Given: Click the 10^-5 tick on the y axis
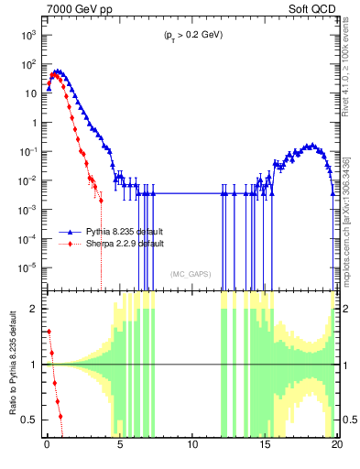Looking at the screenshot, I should point(27,267).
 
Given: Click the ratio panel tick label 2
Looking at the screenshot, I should point(35,309).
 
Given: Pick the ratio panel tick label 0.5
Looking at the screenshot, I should point(29,420).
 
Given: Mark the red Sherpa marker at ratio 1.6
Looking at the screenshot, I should point(49,332).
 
